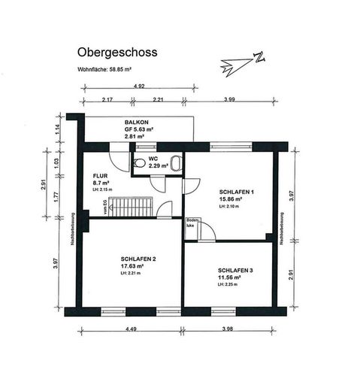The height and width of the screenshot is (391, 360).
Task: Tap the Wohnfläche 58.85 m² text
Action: click(105, 69)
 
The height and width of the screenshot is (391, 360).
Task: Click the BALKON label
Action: click(136, 122)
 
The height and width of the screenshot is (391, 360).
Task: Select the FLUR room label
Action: click(101, 174)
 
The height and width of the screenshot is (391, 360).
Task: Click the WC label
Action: click(153, 159)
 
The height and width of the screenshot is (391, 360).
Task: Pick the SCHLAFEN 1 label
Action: click(237, 192)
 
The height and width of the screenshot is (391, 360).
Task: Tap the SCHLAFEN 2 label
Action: click(138, 259)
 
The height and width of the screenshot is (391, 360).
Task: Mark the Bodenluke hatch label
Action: click(192, 223)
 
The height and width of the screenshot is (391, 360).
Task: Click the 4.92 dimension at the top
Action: click(139, 86)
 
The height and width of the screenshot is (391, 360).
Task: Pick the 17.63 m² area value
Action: click(136, 267)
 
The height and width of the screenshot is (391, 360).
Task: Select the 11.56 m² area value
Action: click(234, 278)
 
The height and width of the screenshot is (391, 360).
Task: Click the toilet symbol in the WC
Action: click(141, 162)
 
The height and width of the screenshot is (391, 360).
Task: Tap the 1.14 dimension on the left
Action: click(56, 128)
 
